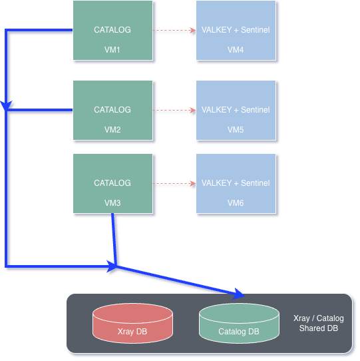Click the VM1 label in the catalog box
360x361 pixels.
click(112, 50)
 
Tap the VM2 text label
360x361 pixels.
click(112, 130)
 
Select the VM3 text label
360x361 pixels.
click(112, 203)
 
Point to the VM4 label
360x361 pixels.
click(236, 50)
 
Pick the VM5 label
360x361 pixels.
click(236, 130)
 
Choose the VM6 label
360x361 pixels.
click(236, 203)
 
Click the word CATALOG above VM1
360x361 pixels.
click(112, 30)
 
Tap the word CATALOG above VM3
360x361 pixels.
click(112, 182)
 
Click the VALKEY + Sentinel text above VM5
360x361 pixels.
click(236, 110)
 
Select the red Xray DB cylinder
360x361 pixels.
click(132, 323)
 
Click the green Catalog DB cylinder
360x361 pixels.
click(239, 323)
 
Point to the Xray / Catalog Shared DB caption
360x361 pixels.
click(319, 323)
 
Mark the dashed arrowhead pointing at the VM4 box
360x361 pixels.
click(193, 30)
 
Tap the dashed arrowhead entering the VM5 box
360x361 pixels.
click(193, 111)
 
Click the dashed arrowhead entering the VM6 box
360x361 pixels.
click(193, 183)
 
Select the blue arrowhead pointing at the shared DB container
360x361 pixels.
click(239, 294)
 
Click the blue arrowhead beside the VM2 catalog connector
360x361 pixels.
click(6, 105)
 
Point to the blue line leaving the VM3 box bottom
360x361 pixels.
click(114, 239)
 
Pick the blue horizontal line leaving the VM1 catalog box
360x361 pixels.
click(39, 30)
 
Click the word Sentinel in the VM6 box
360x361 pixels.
click(256, 182)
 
